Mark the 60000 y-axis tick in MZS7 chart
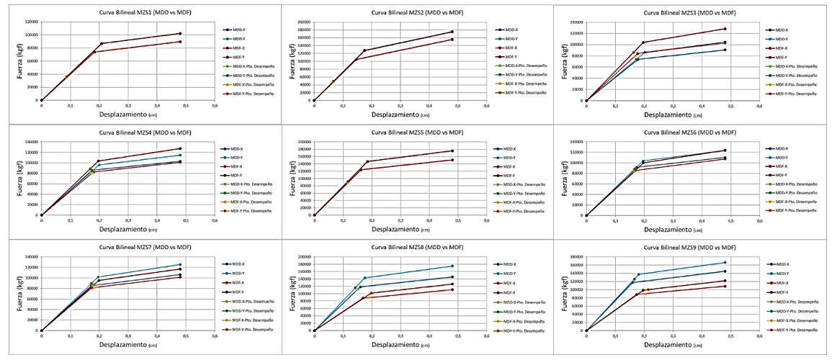click(30, 299)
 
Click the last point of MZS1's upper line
click(180, 34)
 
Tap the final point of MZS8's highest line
click(452, 266)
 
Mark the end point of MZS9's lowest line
click(725, 286)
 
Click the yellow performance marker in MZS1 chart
click(66, 77)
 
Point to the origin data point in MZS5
click(315, 215)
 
